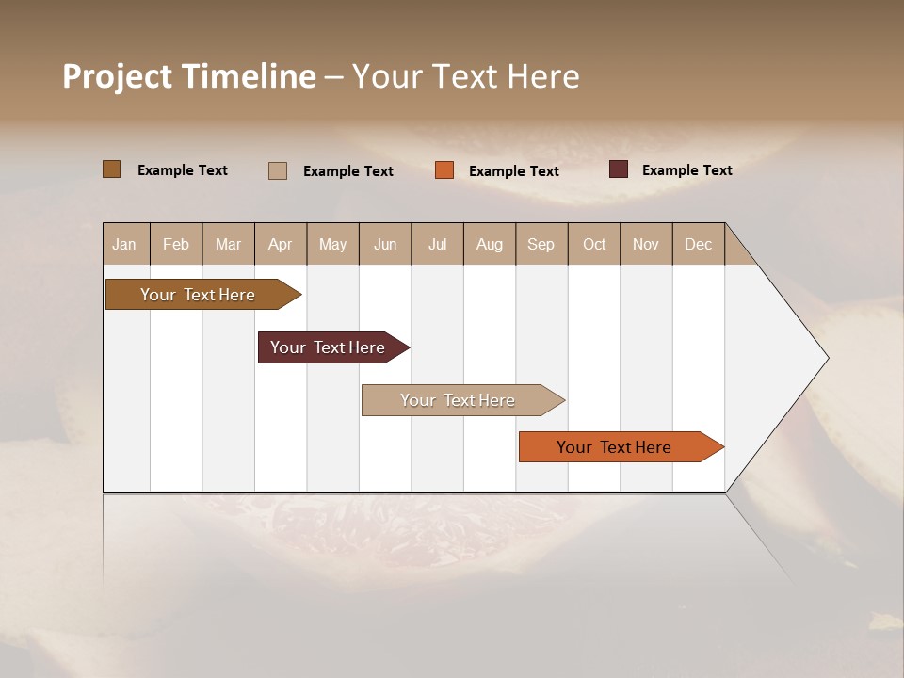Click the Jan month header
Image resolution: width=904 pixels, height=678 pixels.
click(x=124, y=244)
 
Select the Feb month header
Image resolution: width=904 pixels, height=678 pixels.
click(x=176, y=244)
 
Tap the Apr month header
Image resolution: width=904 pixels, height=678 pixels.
click(x=280, y=244)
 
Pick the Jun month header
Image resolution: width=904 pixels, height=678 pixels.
click(x=385, y=244)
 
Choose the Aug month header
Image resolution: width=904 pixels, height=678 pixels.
click(x=489, y=244)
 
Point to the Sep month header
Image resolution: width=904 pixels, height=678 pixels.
click(x=541, y=244)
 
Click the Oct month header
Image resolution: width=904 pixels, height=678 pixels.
click(x=594, y=244)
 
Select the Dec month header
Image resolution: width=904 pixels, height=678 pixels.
click(x=698, y=244)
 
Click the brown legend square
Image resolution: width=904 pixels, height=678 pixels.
click(x=112, y=169)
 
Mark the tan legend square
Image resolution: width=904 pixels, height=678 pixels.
click(x=278, y=170)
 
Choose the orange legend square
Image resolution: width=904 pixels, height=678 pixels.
click(x=444, y=170)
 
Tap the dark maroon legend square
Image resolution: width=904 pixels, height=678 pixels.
click(x=619, y=169)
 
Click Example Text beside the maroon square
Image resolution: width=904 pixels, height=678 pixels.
click(x=686, y=169)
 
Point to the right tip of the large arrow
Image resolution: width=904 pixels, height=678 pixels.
click(x=826, y=358)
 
